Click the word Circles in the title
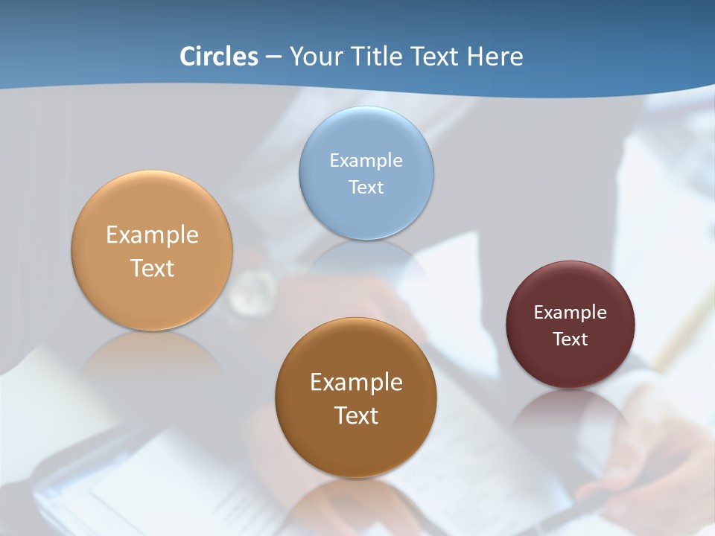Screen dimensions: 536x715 (x=219, y=57)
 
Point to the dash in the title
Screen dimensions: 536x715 (x=273, y=57)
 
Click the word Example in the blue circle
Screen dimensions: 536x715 (x=366, y=160)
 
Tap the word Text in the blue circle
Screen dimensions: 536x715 (x=366, y=187)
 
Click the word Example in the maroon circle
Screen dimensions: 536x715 (x=570, y=312)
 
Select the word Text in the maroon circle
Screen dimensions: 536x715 (x=570, y=339)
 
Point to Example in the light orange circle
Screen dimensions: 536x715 (x=152, y=234)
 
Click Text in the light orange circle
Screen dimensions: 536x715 (x=152, y=268)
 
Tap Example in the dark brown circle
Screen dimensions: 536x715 (x=356, y=382)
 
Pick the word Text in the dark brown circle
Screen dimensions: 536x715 (x=356, y=415)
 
